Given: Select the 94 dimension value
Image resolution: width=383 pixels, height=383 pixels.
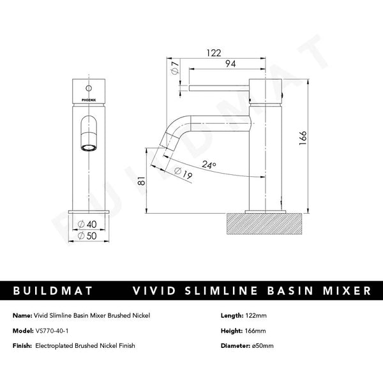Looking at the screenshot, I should point(231,64).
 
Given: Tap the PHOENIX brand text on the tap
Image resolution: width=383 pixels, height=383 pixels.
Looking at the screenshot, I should point(87,99).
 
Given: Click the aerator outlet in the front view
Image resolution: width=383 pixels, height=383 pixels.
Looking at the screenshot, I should point(87,147).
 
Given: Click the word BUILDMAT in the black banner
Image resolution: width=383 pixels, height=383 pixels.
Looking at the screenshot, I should point(54,291).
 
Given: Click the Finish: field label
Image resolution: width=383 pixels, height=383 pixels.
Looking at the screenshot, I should point(24,345).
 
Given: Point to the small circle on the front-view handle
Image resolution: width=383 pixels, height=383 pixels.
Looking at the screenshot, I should point(87,85).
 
